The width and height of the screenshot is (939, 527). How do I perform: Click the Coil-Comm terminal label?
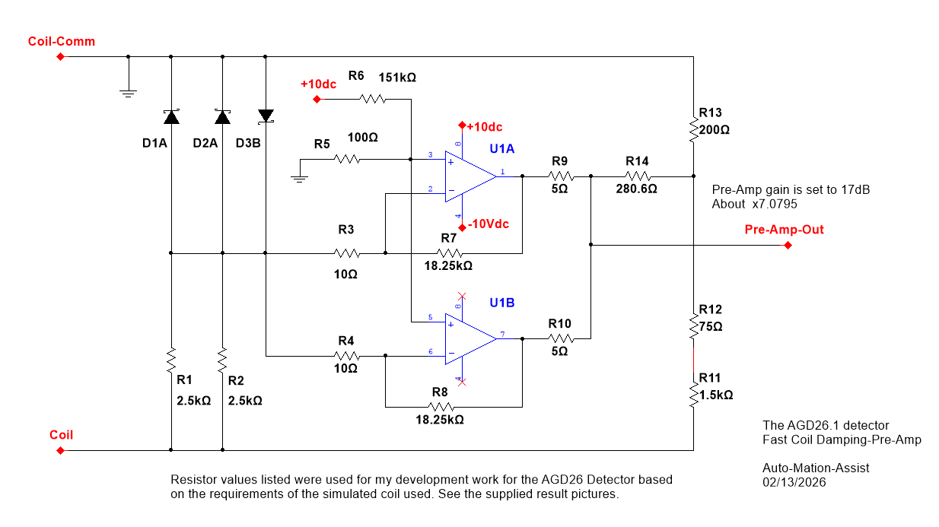[x=62, y=41]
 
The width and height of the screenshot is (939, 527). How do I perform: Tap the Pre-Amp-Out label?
[x=784, y=230]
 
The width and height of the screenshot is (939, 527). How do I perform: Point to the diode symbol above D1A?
[x=171, y=116]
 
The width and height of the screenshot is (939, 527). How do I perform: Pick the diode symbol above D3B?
[x=266, y=116]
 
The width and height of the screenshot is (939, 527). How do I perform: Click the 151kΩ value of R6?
[x=397, y=78]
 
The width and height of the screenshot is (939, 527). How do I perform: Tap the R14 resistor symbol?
[x=637, y=176]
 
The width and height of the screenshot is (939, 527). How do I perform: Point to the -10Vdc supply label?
[x=488, y=224]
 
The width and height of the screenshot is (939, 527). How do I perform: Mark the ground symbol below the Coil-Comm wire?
[x=129, y=94]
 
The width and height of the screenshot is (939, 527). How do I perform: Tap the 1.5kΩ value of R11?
[x=716, y=395]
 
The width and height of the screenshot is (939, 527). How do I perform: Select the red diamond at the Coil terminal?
[x=61, y=450]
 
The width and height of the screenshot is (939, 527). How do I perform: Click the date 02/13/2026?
[x=794, y=482]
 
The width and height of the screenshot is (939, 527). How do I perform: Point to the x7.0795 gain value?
[x=775, y=204]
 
